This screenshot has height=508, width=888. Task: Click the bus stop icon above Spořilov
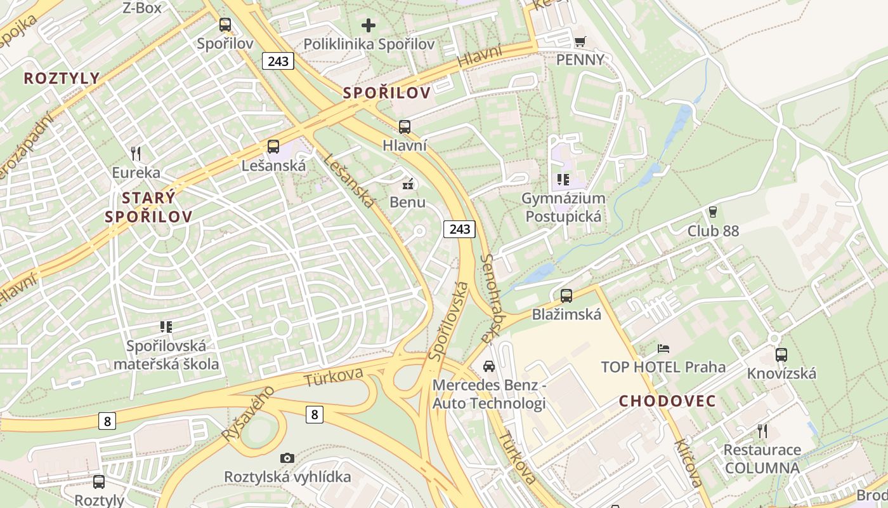pyautogui.click(x=225, y=25)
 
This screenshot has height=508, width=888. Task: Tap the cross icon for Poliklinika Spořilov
pyautogui.click(x=369, y=25)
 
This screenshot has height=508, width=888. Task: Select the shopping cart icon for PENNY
pyautogui.click(x=580, y=41)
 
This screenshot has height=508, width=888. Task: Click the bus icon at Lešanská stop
pyautogui.click(x=273, y=147)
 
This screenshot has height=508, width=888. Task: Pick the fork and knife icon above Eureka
pyautogui.click(x=135, y=153)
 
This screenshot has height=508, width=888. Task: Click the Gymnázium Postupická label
pyautogui.click(x=563, y=207)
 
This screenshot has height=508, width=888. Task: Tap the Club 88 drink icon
pyautogui.click(x=713, y=211)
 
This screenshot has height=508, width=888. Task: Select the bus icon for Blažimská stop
pyautogui.click(x=566, y=295)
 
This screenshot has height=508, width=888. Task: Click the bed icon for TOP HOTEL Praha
pyautogui.click(x=663, y=348)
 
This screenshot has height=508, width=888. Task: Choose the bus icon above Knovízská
pyautogui.click(x=781, y=355)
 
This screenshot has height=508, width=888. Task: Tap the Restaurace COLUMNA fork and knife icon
pyautogui.click(x=762, y=431)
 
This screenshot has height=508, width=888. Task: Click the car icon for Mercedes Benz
pyautogui.click(x=488, y=366)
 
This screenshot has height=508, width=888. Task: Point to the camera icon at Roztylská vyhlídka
pyautogui.click(x=287, y=458)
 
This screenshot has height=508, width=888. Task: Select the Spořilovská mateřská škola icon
pyautogui.click(x=166, y=327)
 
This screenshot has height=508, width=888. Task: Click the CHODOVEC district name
pyautogui.click(x=667, y=401)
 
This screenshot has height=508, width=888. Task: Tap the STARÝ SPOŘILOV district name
pyautogui.click(x=148, y=207)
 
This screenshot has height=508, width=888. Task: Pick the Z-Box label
pyautogui.click(x=142, y=8)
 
